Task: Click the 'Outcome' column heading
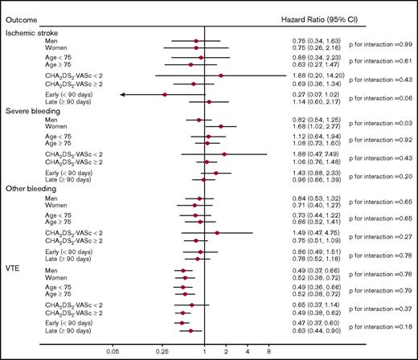pos(19,7)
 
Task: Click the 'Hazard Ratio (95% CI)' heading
pos(320,7)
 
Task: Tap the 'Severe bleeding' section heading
pos(30,110)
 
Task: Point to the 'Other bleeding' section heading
pos(28,189)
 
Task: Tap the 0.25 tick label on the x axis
pos(162,351)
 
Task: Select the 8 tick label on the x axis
pos(268,351)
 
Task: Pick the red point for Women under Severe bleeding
pos(220,126)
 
